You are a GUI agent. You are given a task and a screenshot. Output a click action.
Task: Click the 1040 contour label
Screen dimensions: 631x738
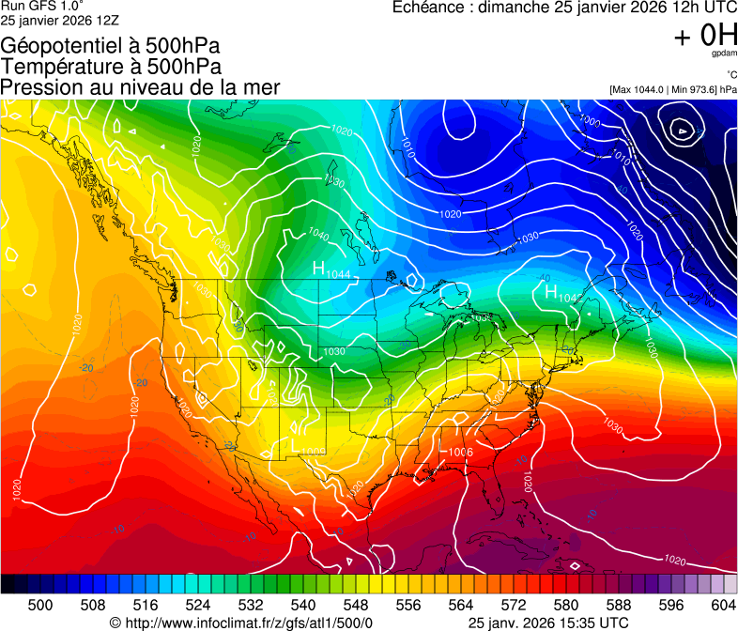coord(318,235)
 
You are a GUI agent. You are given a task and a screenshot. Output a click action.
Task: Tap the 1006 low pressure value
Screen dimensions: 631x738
coord(460,453)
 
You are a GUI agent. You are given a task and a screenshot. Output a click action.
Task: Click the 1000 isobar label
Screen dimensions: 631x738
coord(590,121)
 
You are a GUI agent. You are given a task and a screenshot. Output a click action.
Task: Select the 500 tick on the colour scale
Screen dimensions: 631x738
coord(40,605)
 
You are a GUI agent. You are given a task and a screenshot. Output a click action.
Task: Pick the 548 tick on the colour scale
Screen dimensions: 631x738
coord(356,605)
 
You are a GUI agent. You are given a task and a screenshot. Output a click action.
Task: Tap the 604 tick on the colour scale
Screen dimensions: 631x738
coord(724,605)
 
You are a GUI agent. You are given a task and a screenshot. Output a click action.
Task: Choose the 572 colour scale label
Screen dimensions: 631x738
coord(514,605)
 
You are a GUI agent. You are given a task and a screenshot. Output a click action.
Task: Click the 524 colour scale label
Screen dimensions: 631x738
coord(198,605)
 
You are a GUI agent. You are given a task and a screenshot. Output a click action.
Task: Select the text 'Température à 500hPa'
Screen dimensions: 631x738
coord(111,66)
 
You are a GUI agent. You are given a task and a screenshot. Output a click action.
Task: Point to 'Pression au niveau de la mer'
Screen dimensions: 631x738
coord(140,87)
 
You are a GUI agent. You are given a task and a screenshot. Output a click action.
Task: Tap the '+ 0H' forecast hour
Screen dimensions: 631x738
coord(705,35)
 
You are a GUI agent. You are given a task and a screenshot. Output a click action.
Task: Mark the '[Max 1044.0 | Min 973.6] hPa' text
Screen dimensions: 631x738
coord(672,89)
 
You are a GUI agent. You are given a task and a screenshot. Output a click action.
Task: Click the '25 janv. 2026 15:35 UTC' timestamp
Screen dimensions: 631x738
coord(548,623)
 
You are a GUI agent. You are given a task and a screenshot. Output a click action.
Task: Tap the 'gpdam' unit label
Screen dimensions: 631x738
coord(725,55)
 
